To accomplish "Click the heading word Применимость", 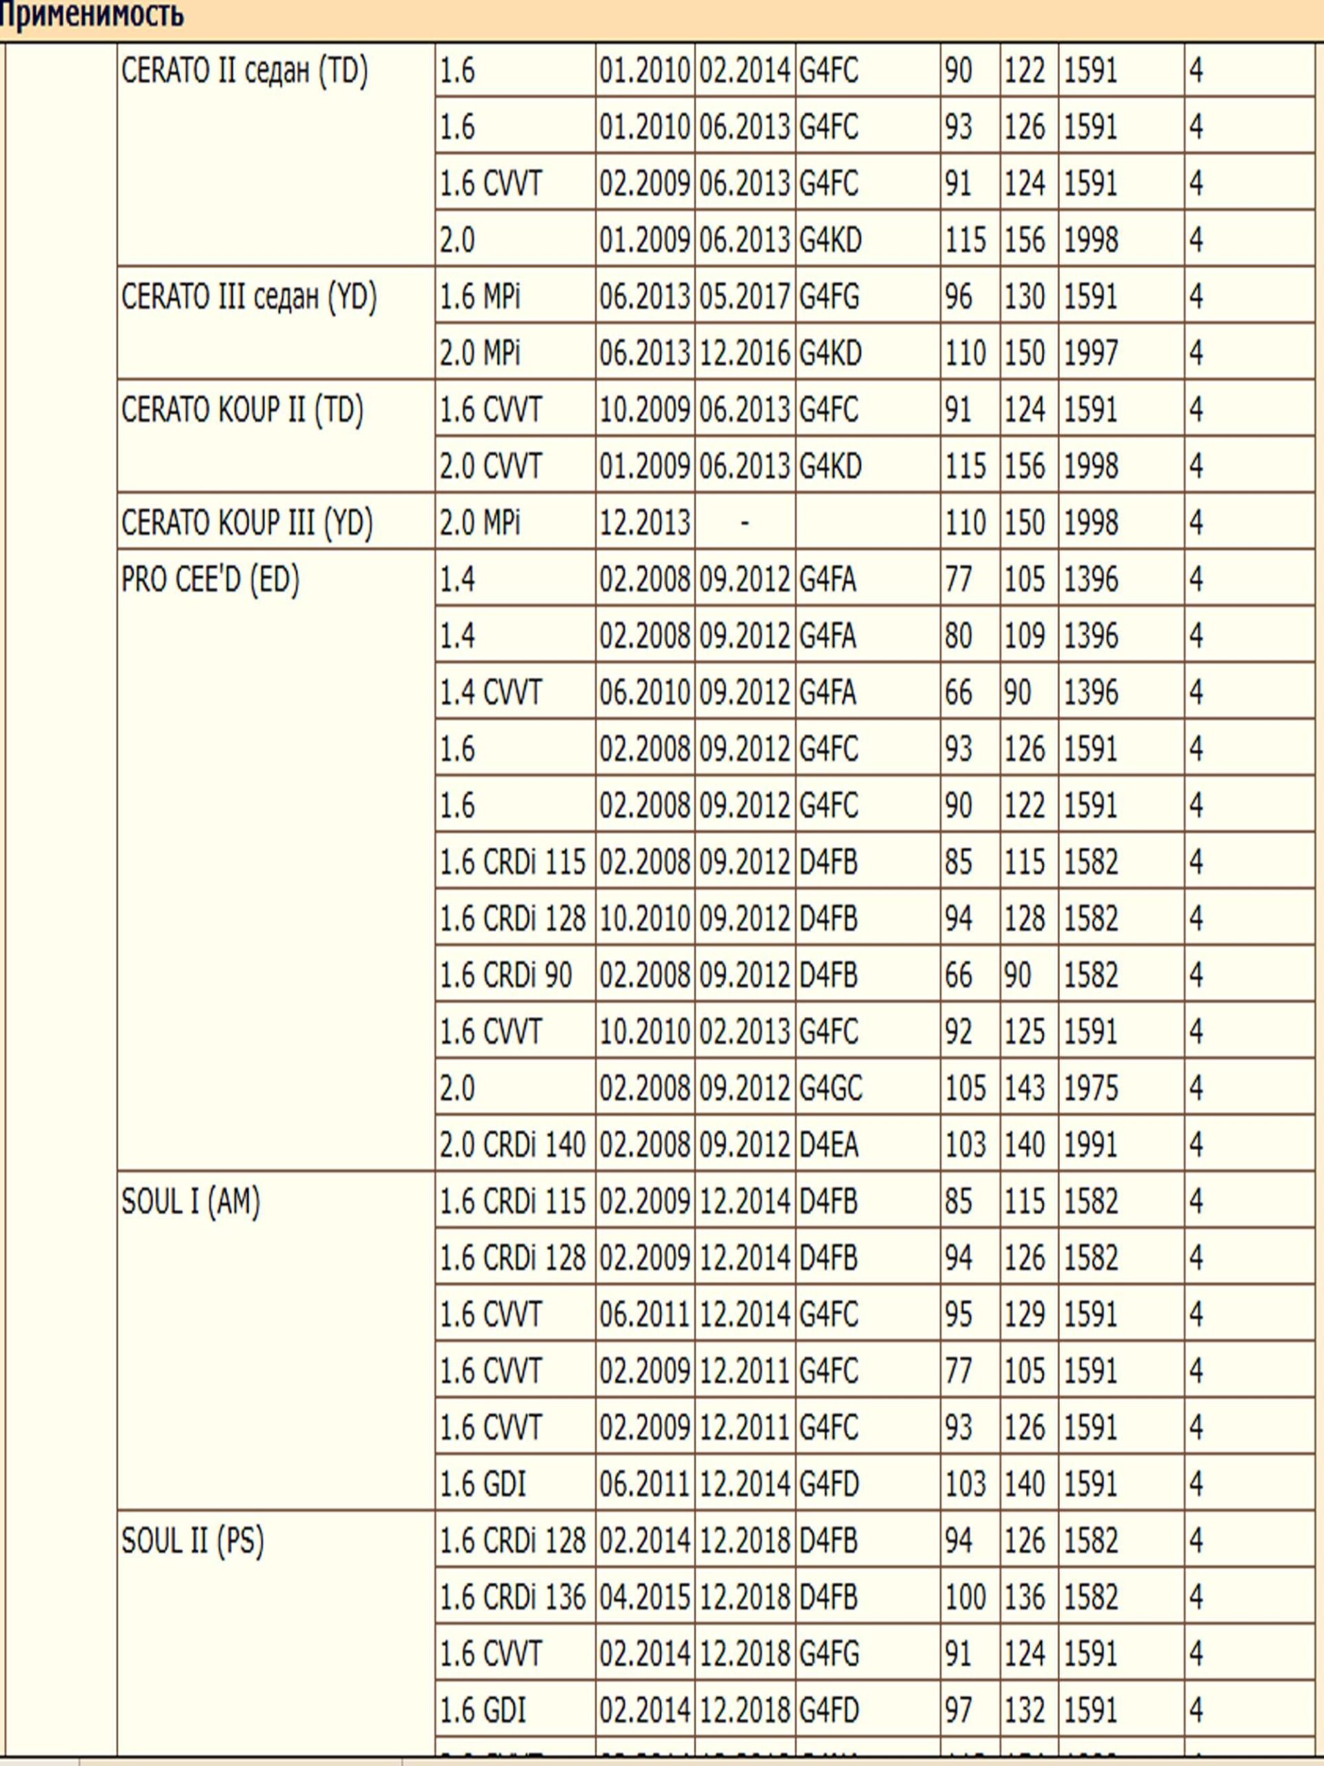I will pos(92,16).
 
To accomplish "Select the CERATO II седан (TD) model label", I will pos(244,72).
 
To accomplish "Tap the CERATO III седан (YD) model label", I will pos(248,298).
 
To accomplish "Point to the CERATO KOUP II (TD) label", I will pos(242,410).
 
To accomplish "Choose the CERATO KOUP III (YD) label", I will pos(247,524).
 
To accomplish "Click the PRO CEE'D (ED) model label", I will pos(210,580).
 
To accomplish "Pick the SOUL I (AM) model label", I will pos(191,1202).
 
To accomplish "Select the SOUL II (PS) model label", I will pos(192,1542).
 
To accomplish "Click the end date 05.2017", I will pos(745,298).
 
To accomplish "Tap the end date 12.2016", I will pos(745,354).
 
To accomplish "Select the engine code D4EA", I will pos(828,1146).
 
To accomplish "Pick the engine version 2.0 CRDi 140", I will pos(512,1146).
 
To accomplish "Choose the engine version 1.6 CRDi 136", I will pos(512,1598).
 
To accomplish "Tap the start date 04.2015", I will pos(644,1598).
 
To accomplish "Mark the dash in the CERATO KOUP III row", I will pos(745,524).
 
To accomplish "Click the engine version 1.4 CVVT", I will pos(490,693).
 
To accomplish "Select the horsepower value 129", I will pos(1024,1316).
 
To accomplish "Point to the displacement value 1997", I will pos(1090,354).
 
